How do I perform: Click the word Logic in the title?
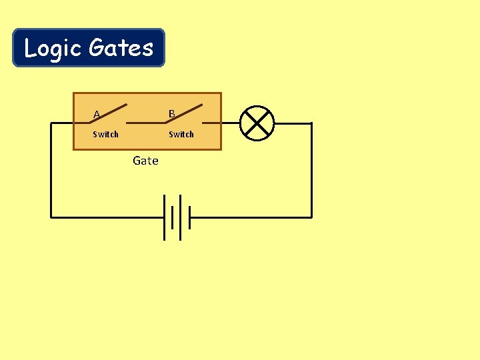click(53, 48)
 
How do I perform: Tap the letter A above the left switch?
click(97, 115)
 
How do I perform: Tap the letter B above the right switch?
click(171, 114)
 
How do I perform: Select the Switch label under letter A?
click(105, 135)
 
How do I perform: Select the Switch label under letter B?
click(181, 135)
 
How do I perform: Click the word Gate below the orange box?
click(145, 161)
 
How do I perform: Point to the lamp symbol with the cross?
click(257, 123)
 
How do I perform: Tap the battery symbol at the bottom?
click(177, 217)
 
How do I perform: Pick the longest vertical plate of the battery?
click(164, 217)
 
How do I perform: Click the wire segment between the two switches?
click(146, 123)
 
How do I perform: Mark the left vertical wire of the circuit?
click(51, 170)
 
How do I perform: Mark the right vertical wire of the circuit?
click(311, 170)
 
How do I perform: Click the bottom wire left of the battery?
click(107, 217)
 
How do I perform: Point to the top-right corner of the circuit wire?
click(311, 123)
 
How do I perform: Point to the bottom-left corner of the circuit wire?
click(51, 217)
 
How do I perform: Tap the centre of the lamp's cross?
click(257, 123)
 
